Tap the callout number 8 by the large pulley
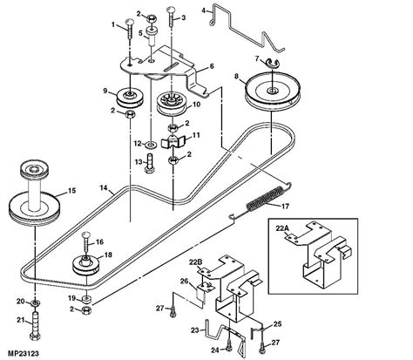click(x=234, y=78)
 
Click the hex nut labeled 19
click(x=87, y=309)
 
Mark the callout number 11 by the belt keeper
click(x=196, y=135)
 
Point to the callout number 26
click(x=184, y=281)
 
